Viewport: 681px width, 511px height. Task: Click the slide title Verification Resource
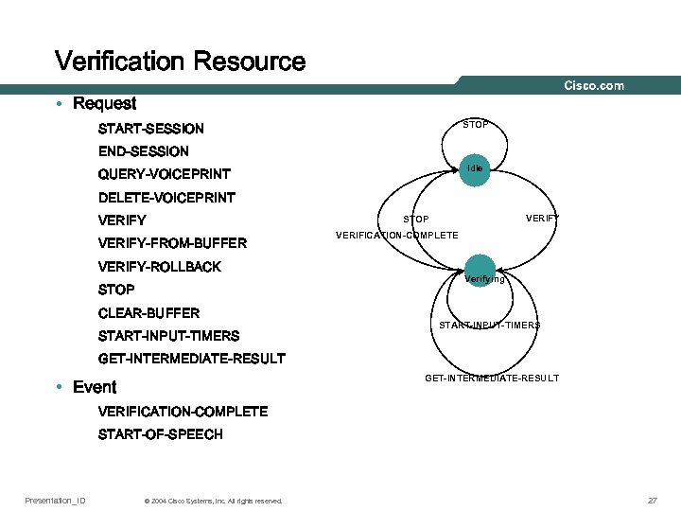180,62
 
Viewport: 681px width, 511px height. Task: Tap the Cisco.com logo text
594,86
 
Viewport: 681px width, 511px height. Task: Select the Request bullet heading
104,104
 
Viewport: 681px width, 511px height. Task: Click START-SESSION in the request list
151,129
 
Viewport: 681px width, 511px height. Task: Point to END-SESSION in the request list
144,151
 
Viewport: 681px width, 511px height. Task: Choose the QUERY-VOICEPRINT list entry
165,174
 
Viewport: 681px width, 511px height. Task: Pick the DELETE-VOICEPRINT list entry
166,198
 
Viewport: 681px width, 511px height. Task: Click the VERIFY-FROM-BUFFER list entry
172,243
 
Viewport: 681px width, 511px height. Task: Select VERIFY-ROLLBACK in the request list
160,267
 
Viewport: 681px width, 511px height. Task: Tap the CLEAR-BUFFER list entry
149,313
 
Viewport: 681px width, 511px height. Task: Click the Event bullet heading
95,387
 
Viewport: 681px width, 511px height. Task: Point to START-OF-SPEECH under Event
161,434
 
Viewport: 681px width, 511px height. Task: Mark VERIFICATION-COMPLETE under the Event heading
183,412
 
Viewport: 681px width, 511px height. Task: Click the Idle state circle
475,168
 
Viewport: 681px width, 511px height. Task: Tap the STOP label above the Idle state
475,125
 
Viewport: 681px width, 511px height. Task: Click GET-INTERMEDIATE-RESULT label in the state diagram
492,379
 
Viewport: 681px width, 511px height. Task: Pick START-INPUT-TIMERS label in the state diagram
490,326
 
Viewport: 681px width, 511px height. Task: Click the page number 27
652,500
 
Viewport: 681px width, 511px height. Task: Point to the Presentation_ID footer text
55,500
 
